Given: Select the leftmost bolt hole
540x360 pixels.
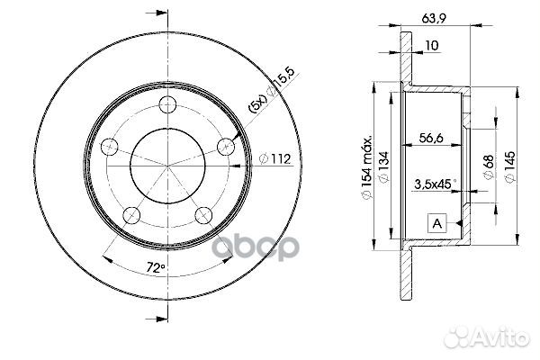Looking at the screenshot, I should click(110, 146).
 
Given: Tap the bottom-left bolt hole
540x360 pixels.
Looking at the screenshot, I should click(130, 213).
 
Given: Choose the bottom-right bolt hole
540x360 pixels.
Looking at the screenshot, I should click(202, 215).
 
